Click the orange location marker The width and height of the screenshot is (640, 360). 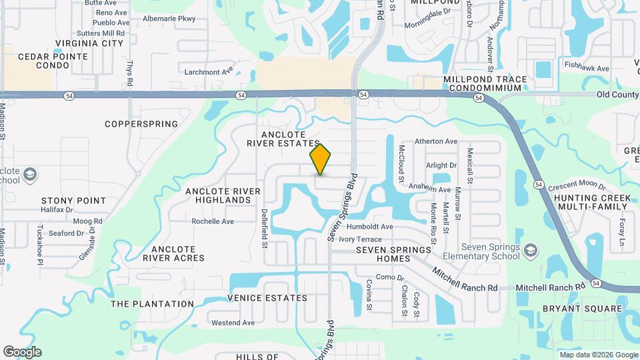pos(321,159)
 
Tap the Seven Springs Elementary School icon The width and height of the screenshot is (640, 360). pos(531,251)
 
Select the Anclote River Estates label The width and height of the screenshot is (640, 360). pos(283,139)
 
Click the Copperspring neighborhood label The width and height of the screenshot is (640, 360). pos(141,124)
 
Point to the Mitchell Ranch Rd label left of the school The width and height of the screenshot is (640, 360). pos(465,279)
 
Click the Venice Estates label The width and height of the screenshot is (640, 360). pos(267,298)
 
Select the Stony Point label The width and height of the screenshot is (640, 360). pos(73,200)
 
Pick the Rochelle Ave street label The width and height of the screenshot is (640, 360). pos(213,221)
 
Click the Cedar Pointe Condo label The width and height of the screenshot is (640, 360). pos(53,61)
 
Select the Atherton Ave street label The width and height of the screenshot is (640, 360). pos(436,141)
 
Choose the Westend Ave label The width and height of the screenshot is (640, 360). pos(233,323)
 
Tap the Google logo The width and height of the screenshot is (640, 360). pos(22,351)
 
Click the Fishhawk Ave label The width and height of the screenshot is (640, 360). pos(587,68)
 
